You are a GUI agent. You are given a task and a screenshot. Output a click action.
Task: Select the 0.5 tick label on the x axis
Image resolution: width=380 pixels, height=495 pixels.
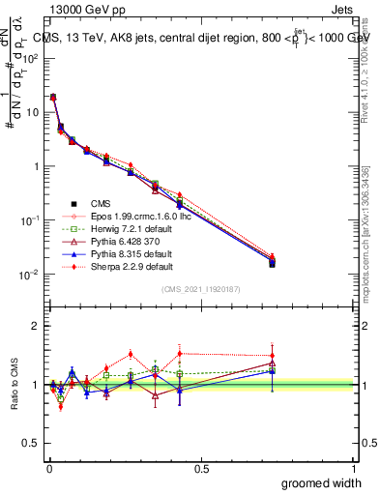(x=201, y=468)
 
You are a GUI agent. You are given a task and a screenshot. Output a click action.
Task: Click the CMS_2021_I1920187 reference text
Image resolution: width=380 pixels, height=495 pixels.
(x=200, y=289)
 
